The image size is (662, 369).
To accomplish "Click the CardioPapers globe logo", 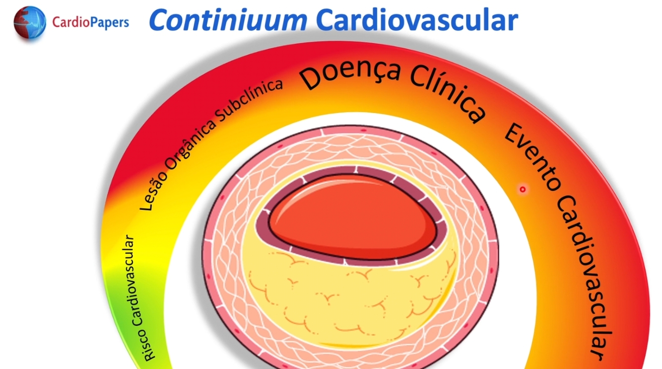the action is [30, 23].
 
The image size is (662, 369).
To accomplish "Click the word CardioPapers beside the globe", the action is [90, 22].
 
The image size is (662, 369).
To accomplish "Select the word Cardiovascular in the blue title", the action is [417, 21].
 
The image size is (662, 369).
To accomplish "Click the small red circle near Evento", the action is [523, 189].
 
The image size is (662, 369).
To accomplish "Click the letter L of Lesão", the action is [146, 204].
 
